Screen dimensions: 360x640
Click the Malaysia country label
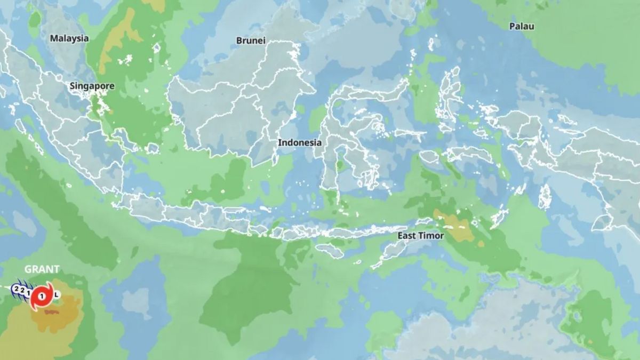click(x=69, y=38)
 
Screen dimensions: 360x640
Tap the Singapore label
click(x=92, y=86)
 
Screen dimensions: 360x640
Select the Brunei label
click(x=251, y=41)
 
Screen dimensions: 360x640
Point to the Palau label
click(x=522, y=26)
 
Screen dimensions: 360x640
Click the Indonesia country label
click(x=300, y=143)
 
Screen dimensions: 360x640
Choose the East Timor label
click(x=421, y=235)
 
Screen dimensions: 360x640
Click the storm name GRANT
click(x=42, y=269)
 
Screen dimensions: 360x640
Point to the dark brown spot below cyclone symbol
click(x=52, y=311)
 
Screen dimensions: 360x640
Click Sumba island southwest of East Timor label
click(x=329, y=250)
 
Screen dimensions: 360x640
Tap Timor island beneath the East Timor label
click(x=397, y=251)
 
